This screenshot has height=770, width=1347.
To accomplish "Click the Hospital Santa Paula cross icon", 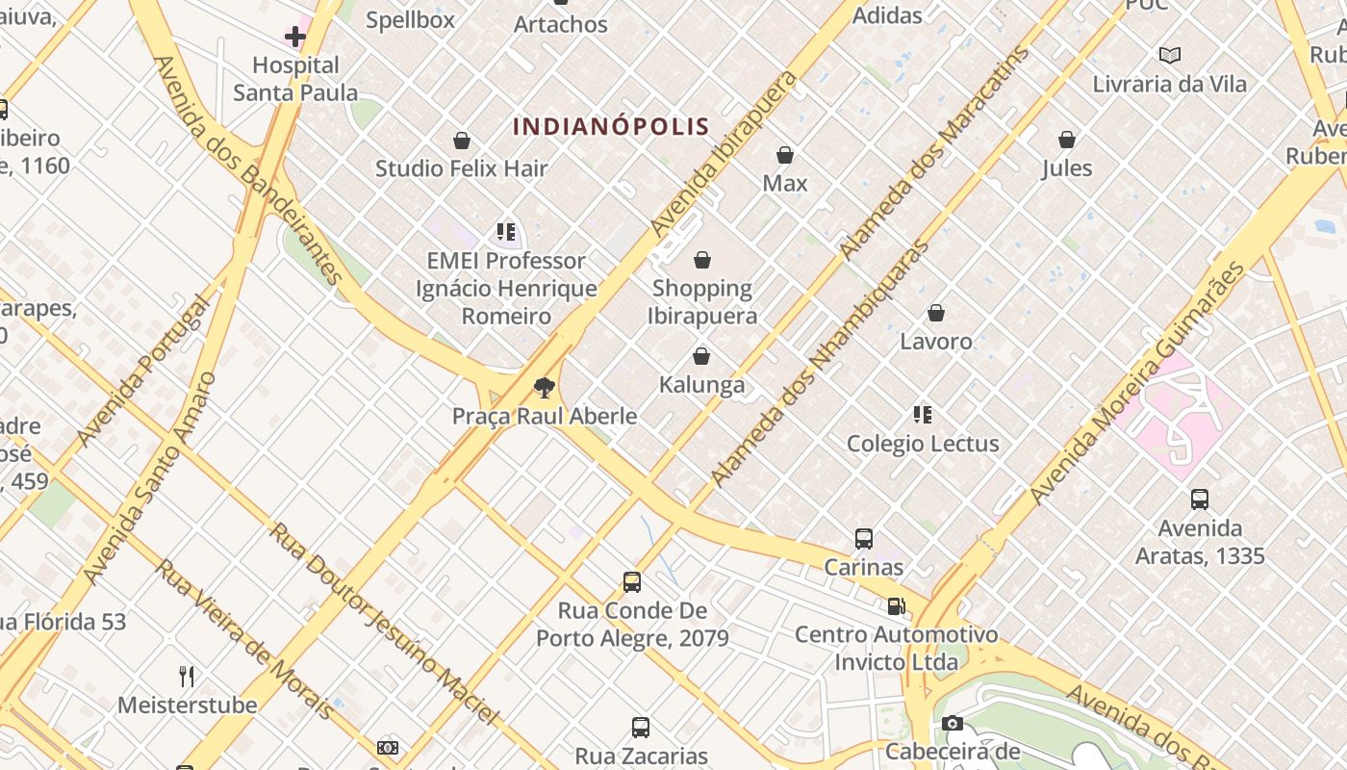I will pyautogui.click(x=295, y=38).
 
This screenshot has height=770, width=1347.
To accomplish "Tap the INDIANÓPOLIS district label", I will pyautogui.click(x=611, y=126).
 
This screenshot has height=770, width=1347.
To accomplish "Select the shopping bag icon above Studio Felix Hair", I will pyautogui.click(x=462, y=141).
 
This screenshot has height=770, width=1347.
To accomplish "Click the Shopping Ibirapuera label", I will pyautogui.click(x=702, y=301).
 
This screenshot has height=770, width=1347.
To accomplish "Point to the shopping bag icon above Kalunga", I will pyautogui.click(x=701, y=357).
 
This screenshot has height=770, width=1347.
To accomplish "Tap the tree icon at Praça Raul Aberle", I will pyautogui.click(x=545, y=388).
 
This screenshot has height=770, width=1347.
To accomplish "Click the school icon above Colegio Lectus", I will pyautogui.click(x=923, y=415).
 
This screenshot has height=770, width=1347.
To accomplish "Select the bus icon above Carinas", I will pyautogui.click(x=864, y=539).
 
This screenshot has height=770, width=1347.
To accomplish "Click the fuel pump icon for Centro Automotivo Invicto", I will pyautogui.click(x=896, y=606).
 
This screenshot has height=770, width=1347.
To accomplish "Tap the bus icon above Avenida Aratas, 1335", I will pyautogui.click(x=1200, y=500).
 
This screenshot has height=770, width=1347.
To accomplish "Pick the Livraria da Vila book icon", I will pyautogui.click(x=1170, y=56).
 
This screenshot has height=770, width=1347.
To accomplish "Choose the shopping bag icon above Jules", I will pyautogui.click(x=1067, y=141).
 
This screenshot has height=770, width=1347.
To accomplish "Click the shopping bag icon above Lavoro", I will pyautogui.click(x=936, y=313).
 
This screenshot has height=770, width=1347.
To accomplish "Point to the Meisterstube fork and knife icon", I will pyautogui.click(x=187, y=677).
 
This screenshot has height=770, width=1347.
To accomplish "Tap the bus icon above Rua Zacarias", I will pyautogui.click(x=641, y=728).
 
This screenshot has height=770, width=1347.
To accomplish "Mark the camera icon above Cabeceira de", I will pyautogui.click(x=953, y=724).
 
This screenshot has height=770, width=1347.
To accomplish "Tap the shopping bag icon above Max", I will pyautogui.click(x=785, y=155).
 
